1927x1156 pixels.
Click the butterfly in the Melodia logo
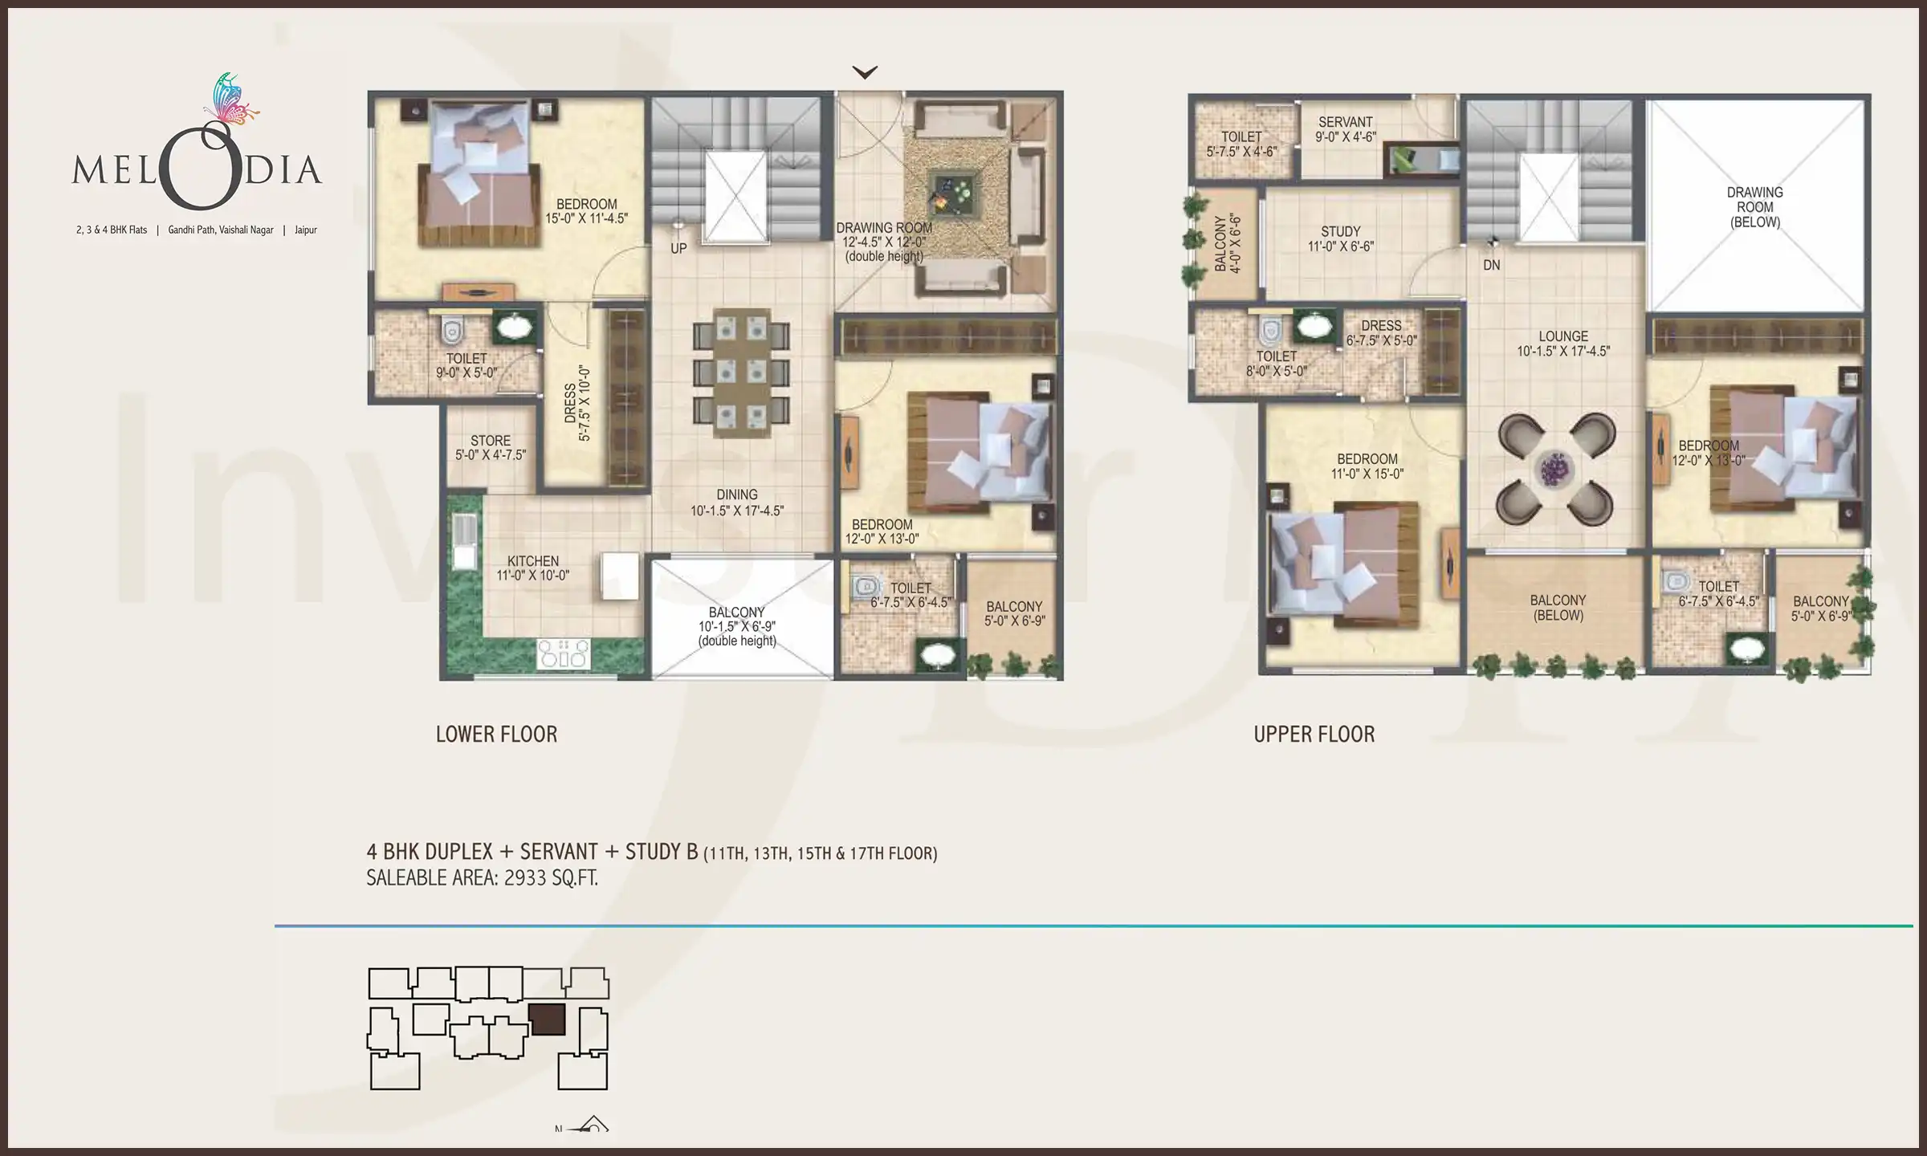pyautogui.click(x=230, y=100)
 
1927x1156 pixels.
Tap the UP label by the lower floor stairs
pyautogui.click(x=678, y=249)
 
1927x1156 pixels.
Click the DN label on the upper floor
pyautogui.click(x=1491, y=265)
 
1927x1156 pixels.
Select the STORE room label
pyautogui.click(x=490, y=447)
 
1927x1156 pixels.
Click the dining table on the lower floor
pyautogui.click(x=740, y=372)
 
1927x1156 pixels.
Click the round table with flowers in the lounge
pyautogui.click(x=1555, y=470)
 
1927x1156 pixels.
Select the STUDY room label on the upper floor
pyautogui.click(x=1341, y=238)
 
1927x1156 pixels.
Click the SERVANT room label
pyautogui.click(x=1346, y=129)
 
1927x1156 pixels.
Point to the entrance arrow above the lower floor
pyautogui.click(x=864, y=73)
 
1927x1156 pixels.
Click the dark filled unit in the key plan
pyautogui.click(x=547, y=1019)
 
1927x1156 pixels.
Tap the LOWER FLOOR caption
pyautogui.click(x=496, y=734)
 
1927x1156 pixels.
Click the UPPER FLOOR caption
pyautogui.click(x=1314, y=734)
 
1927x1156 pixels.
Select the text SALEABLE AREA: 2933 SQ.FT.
pyautogui.click(x=482, y=878)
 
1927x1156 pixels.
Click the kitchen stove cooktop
pyautogui.click(x=563, y=653)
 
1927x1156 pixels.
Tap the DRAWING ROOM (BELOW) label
pyautogui.click(x=1754, y=207)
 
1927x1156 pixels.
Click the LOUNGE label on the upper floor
pyautogui.click(x=1562, y=344)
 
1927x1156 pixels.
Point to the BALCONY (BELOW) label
pyautogui.click(x=1557, y=608)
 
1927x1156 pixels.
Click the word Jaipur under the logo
pyautogui.click(x=305, y=230)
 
